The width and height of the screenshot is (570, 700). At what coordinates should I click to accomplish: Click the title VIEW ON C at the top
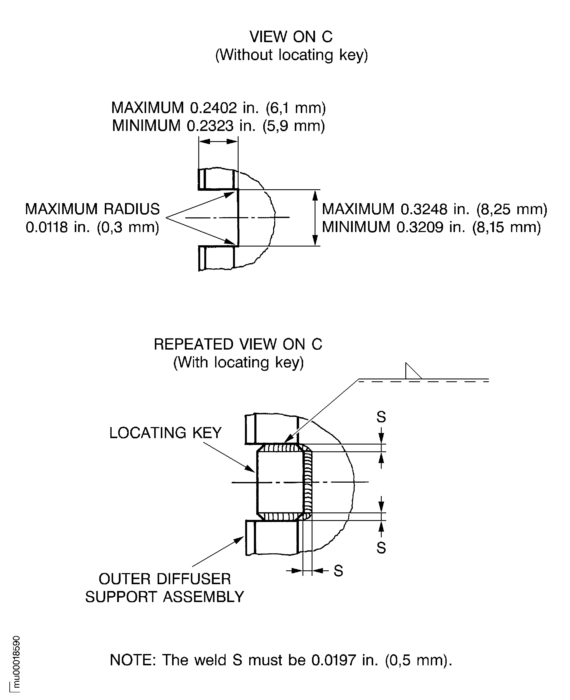pyautogui.click(x=291, y=37)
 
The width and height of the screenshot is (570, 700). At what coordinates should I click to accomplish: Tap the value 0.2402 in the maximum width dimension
pyautogui.click(x=213, y=108)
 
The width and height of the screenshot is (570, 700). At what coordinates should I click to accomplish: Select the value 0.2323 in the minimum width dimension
pyautogui.click(x=210, y=126)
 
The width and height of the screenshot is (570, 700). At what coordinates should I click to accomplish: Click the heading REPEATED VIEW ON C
pyautogui.click(x=238, y=344)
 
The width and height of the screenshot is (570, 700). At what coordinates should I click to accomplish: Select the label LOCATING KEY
pyautogui.click(x=166, y=433)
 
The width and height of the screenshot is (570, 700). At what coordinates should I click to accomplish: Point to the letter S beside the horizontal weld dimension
pyautogui.click(x=338, y=571)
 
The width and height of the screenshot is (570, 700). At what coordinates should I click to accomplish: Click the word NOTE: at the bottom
pyautogui.click(x=133, y=660)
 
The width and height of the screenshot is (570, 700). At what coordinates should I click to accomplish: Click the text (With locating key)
pyautogui.click(x=238, y=362)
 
